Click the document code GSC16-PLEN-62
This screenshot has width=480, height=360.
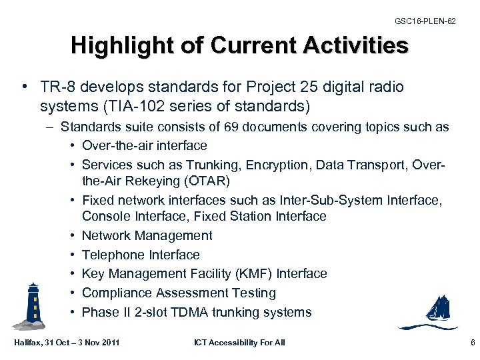click(x=425, y=21)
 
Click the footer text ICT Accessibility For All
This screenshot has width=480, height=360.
click(x=239, y=343)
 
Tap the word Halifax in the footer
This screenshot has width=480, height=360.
click(x=28, y=343)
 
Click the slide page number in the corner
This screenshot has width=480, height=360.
click(x=471, y=343)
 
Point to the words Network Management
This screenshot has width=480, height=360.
click(x=147, y=235)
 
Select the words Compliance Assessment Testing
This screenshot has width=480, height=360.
click(x=179, y=293)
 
